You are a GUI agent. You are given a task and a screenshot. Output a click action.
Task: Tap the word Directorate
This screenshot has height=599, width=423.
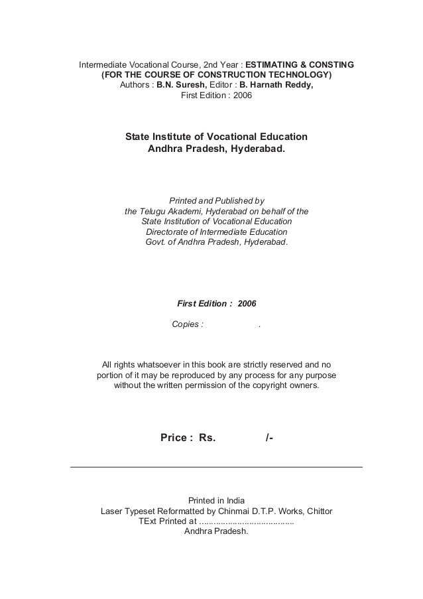click(x=168, y=233)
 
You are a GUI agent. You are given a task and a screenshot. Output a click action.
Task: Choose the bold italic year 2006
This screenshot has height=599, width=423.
click(x=247, y=303)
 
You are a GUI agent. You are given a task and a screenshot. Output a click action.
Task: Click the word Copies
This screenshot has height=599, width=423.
click(x=185, y=324)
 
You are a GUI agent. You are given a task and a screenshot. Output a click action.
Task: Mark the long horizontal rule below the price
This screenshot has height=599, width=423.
click(x=216, y=468)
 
